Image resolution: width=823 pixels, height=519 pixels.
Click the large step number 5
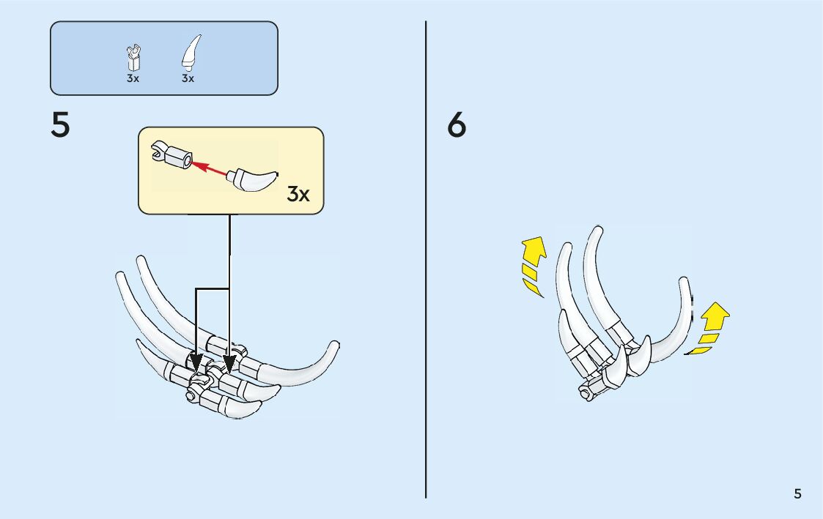pyautogui.click(x=61, y=126)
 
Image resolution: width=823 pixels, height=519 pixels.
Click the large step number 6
pyautogui.click(x=457, y=126)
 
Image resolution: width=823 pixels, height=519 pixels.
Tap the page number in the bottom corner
pyautogui.click(x=797, y=494)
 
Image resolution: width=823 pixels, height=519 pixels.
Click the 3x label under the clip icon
pyautogui.click(x=133, y=78)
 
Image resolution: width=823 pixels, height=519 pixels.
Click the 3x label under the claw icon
pyautogui.click(x=188, y=78)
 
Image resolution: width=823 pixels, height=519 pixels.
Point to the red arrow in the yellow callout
pyautogui.click(x=209, y=168)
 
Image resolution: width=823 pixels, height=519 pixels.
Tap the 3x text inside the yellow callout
pyautogui.click(x=298, y=194)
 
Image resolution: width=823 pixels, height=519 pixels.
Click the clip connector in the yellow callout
pyautogui.click(x=171, y=155)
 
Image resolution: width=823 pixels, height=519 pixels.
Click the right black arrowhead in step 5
pyautogui.click(x=230, y=362)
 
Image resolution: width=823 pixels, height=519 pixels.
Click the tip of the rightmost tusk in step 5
pyautogui.click(x=335, y=345)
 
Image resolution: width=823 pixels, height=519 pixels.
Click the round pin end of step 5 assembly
pyautogui.click(x=191, y=397)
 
